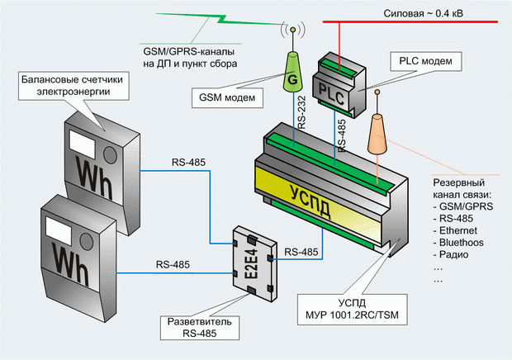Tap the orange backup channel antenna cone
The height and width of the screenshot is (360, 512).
point(377,134)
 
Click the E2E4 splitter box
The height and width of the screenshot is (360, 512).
point(255,263)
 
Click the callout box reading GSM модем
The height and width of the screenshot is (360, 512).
point(227,97)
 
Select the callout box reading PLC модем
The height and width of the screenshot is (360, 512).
point(426,61)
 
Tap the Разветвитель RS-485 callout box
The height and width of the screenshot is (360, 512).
point(200,328)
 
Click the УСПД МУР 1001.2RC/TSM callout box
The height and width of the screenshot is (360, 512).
point(352,310)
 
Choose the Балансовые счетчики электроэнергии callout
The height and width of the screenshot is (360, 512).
point(73,86)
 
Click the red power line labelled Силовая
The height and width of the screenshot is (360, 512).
point(410,21)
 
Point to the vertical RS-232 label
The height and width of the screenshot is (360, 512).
point(301,112)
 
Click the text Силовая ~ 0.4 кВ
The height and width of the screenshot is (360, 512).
point(423,13)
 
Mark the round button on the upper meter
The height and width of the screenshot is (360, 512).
point(110,155)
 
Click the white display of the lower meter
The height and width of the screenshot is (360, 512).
point(59,230)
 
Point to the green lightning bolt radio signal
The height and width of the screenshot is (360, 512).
point(219,19)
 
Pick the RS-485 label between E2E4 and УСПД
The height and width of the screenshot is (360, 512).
point(301,252)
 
